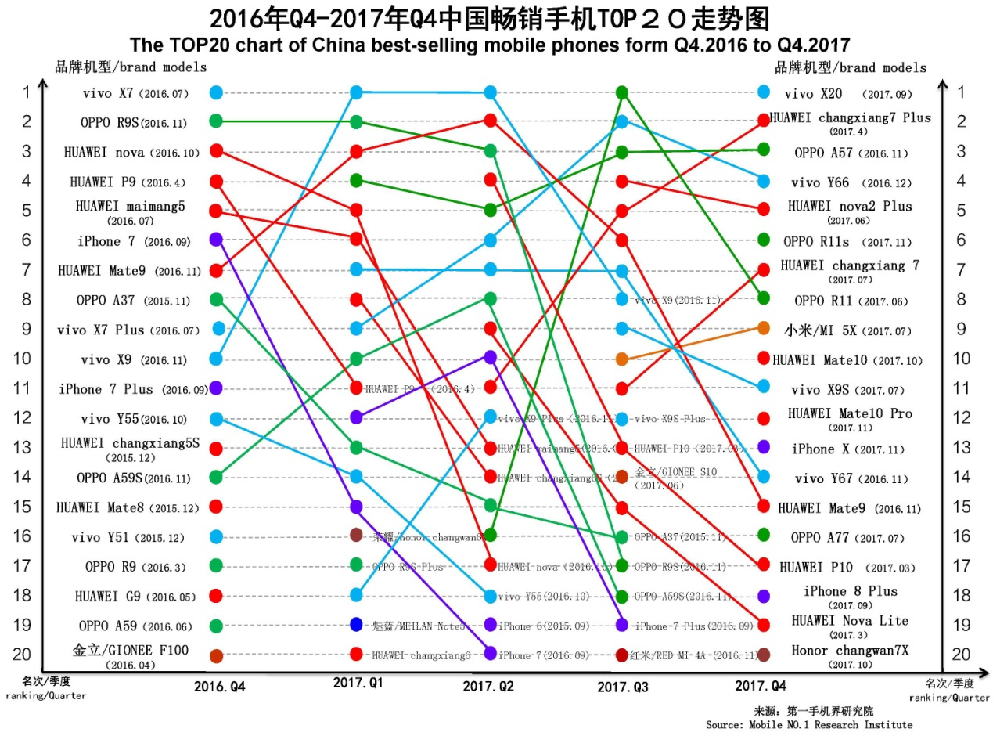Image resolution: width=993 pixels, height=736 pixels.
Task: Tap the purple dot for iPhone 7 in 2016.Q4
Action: click(216, 240)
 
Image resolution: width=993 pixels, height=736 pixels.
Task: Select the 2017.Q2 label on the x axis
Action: click(488, 686)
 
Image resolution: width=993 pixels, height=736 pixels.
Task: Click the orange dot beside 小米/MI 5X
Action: click(764, 328)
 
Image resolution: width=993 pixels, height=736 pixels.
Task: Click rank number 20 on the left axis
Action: click(26, 655)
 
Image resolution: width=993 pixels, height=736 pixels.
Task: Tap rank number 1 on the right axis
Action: click(961, 92)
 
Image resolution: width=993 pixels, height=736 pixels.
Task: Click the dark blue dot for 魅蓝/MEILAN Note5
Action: click(356, 624)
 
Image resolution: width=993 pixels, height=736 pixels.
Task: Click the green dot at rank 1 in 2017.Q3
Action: click(622, 92)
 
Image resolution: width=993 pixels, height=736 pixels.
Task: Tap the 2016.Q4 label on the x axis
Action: click(219, 687)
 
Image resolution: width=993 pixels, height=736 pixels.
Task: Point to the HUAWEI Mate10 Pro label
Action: click(850, 413)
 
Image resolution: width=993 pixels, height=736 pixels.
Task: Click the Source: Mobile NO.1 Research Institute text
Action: click(808, 725)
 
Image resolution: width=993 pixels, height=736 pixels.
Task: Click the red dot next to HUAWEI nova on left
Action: click(217, 150)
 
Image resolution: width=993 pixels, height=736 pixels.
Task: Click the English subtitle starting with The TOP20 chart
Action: click(490, 44)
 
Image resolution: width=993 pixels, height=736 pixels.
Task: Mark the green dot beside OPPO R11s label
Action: click(764, 240)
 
